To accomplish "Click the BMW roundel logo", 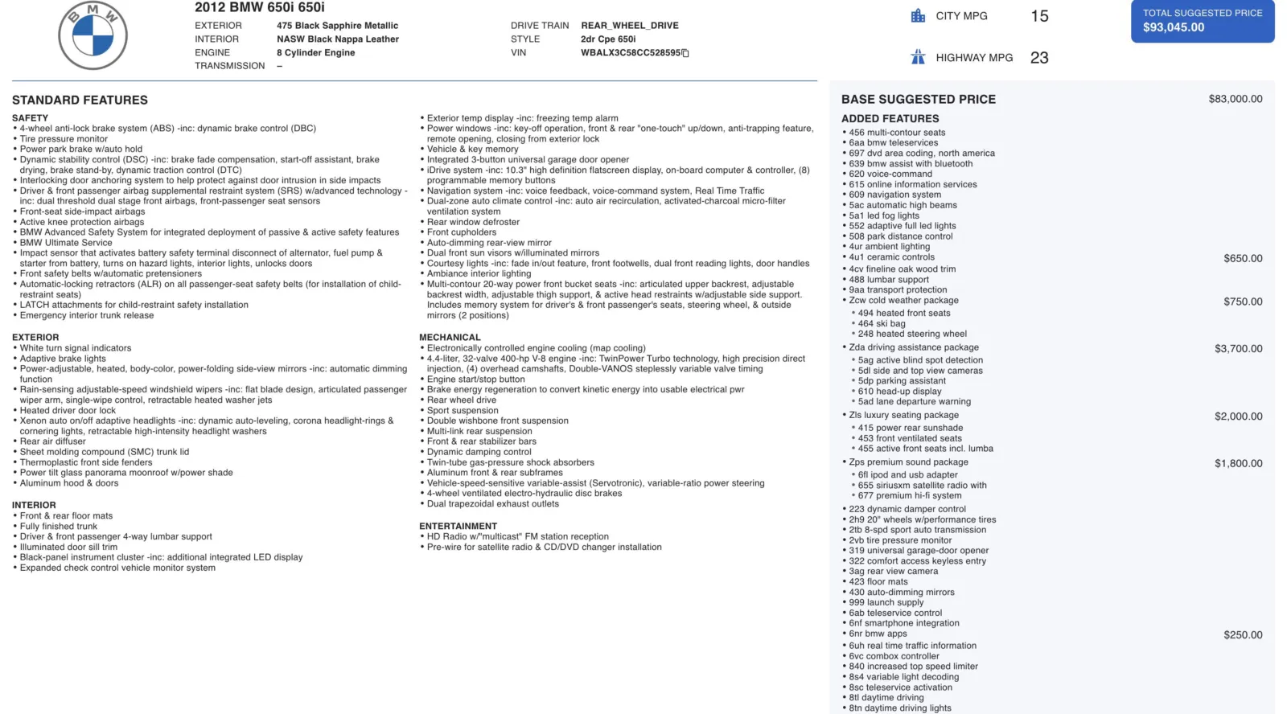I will coord(93,35).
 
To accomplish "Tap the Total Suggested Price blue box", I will coord(1202,21).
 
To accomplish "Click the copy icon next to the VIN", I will coord(685,53).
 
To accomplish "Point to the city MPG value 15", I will coord(1039,16).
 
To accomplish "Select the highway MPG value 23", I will coord(1039,58).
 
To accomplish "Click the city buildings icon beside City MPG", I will coord(918,16).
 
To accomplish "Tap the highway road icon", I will coord(918,57).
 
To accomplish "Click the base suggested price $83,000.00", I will coord(1235,99).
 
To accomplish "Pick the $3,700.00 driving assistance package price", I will coord(1238,349).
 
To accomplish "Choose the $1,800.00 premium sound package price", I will coord(1238,463).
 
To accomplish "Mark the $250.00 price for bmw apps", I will coord(1243,635).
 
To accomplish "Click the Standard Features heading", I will coord(80,101).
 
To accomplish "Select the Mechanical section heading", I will coord(450,338).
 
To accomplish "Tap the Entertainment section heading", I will coord(458,527).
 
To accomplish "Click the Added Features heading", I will coord(890,119).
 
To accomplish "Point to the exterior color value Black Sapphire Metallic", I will coord(337,26).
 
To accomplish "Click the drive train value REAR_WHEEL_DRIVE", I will coord(630,26).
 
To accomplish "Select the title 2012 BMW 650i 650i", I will coord(259,8).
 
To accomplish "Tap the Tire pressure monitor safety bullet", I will coord(64,139).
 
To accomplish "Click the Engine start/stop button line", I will coord(475,380).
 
